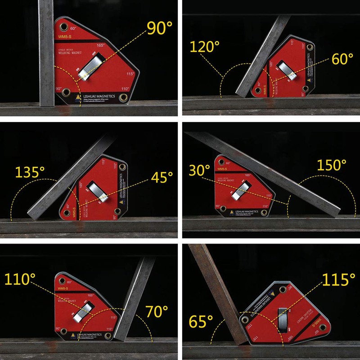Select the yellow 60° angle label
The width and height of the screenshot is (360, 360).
pos(343,58)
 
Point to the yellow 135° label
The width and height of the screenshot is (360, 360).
pos(30,172)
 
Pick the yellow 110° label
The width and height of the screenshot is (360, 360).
pos(20,279)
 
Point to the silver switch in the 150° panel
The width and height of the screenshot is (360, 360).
pos(242,190)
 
